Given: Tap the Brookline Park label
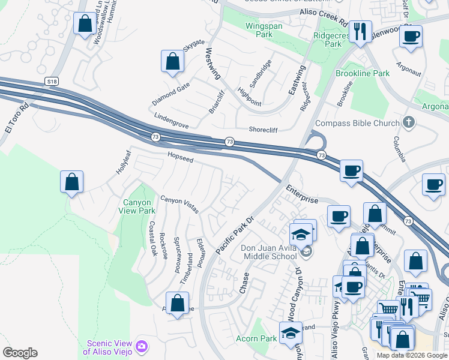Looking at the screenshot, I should coord(363,74).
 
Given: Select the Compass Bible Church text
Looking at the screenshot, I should coord(357,124).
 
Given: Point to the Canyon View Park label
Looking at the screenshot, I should coord(139,206).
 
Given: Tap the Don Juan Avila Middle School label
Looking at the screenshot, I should coord(270,253).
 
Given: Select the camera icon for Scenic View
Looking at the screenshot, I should coord(142,346).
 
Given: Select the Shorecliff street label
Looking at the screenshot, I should coord(265,129).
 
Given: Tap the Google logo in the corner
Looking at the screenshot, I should coord(19,353).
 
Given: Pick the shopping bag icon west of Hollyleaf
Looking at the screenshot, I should coord(71,182).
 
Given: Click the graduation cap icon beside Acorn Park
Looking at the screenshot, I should coord(291,332).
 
